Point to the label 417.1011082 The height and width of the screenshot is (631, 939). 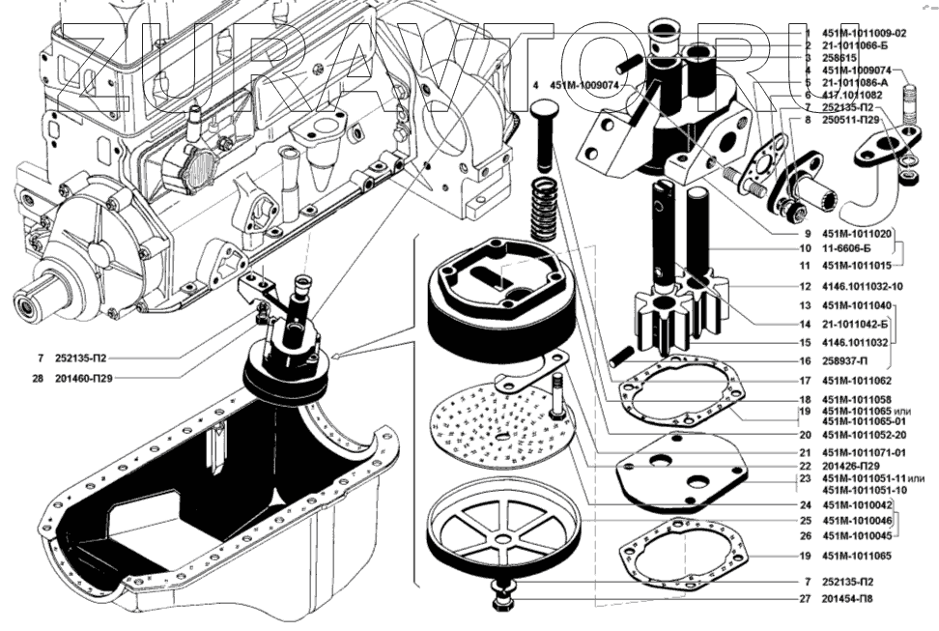tap(851, 95)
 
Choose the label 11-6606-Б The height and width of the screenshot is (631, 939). tap(844, 247)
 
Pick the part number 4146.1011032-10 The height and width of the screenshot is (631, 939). tap(863, 287)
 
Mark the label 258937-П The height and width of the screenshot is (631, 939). tap(843, 361)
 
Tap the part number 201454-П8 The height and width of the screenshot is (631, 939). tap(848, 600)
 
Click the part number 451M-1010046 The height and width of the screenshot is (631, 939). tap(856, 521)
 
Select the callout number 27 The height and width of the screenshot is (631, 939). tap(804, 600)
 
